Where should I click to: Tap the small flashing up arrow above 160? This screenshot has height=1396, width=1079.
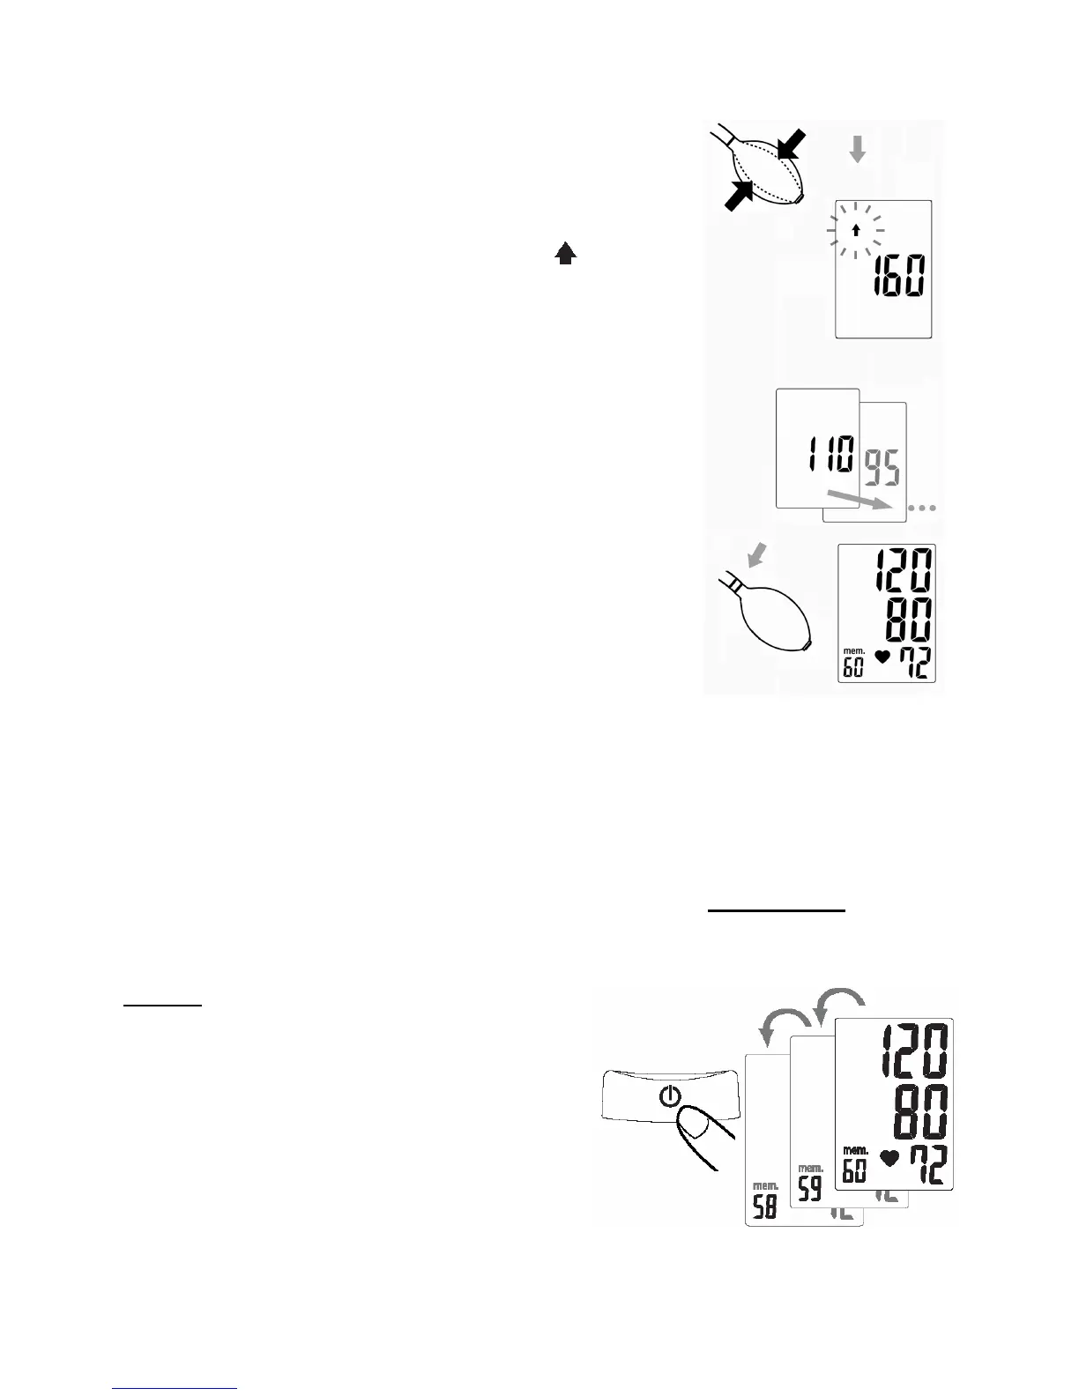tap(855, 231)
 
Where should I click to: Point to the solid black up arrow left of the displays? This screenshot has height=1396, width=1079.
tap(566, 255)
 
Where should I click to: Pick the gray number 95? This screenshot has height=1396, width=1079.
tap(882, 468)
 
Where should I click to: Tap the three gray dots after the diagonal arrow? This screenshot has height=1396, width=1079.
tap(922, 508)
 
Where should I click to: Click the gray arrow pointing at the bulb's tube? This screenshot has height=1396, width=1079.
tap(756, 556)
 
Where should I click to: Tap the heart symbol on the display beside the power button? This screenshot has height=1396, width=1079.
tap(889, 1158)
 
